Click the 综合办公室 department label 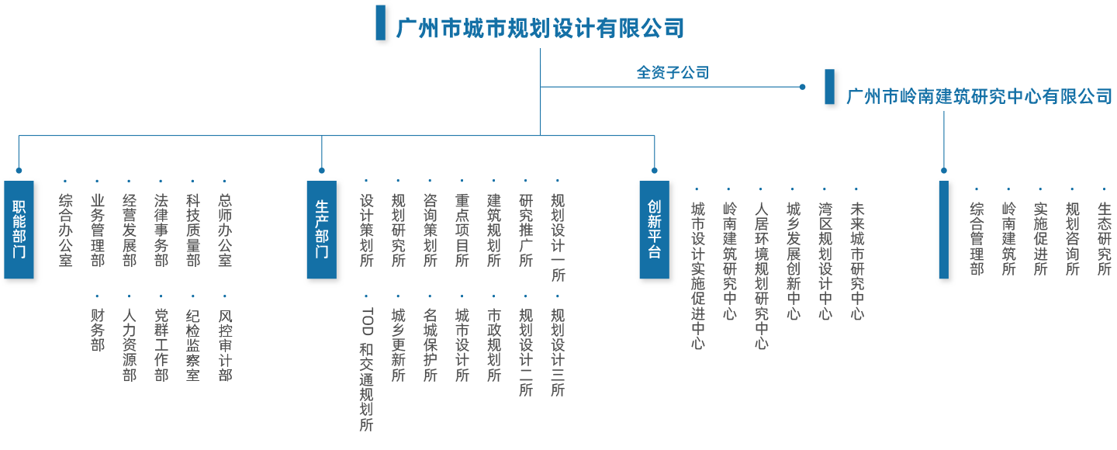click(66, 230)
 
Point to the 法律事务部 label click(161, 230)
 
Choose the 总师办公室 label click(225, 230)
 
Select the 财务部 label click(98, 330)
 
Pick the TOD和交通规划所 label click(367, 369)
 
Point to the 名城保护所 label click(431, 345)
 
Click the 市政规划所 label click(494, 345)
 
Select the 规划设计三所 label click(558, 352)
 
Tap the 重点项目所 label click(462, 230)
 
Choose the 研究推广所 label click(526, 230)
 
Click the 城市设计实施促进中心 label click(698, 275)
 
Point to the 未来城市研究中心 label click(857, 261)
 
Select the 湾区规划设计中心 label click(825, 261)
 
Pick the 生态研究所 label click(1104, 238)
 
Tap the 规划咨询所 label click(1072, 238)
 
